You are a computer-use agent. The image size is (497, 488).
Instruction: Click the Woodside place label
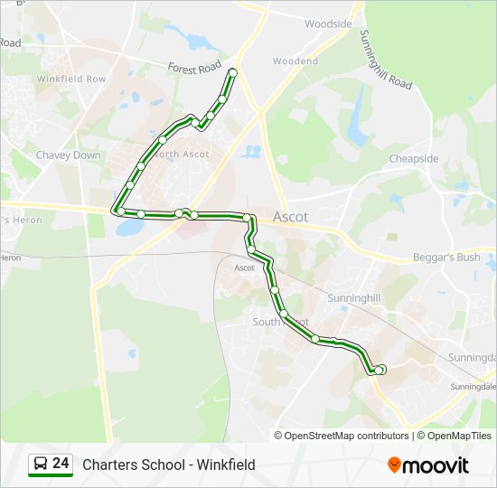point(328,23)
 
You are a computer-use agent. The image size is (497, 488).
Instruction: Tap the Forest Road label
point(194,67)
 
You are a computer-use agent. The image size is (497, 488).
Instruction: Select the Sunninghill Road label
point(386,60)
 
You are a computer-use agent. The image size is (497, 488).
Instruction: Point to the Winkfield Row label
point(71,79)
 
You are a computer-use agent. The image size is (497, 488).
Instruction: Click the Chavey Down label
point(69,155)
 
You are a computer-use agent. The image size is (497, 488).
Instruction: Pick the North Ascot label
point(182,154)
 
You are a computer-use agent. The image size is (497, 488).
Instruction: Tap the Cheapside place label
point(414,158)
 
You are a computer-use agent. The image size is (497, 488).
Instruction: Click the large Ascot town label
point(290,217)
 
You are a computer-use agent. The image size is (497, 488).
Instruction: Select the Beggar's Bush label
point(446,257)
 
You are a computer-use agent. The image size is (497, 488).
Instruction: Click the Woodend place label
point(295,61)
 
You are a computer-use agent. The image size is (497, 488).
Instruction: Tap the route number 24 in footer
point(61,464)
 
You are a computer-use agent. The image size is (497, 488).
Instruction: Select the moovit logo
point(428,465)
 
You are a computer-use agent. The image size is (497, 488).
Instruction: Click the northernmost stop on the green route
point(233,72)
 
